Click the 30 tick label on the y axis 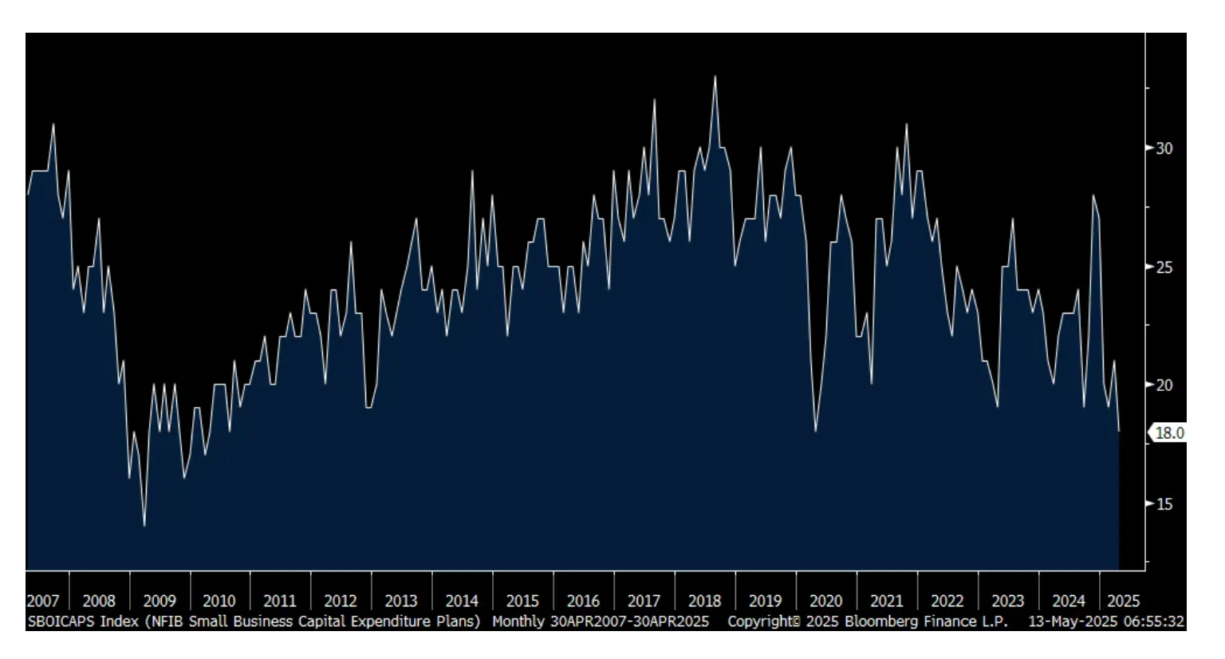[1164, 148]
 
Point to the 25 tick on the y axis [1164, 267]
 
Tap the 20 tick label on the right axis [1164, 385]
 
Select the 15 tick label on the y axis [1164, 504]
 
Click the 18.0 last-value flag [1169, 433]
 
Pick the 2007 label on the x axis [43, 601]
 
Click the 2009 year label [160, 601]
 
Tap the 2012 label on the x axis [341, 601]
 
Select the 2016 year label [583, 601]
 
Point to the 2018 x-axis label [704, 601]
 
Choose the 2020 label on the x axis [825, 601]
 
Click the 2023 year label [1007, 601]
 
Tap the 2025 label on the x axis [1123, 601]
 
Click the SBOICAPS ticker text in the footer [61, 622]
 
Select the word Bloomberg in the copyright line [881, 622]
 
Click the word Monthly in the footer [518, 622]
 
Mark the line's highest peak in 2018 [715, 77]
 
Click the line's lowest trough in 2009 [144, 526]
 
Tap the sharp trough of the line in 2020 [815, 432]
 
